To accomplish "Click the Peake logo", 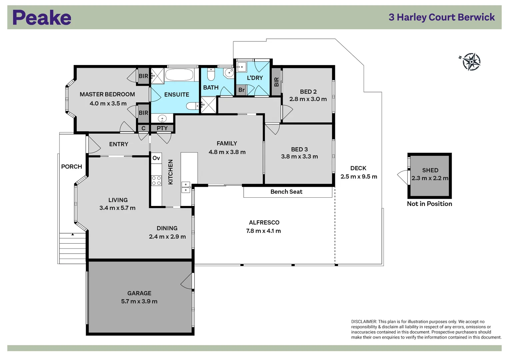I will coord(42,18).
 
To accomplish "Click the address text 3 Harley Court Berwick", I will coord(441,17).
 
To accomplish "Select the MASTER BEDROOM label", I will coord(107,94).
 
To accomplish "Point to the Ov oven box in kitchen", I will coord(156,158).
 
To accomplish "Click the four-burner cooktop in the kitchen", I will coord(156,181).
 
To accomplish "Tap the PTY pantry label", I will coord(162,128).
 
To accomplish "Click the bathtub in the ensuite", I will coord(179,75).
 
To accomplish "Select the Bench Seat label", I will coord(286,192).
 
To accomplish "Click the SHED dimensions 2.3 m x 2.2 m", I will coord(430,178).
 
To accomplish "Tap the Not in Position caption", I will coord(429,204).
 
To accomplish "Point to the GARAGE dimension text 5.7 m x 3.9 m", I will coord(139,301).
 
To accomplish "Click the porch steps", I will coord(72,248).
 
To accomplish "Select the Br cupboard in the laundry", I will coord(241,90).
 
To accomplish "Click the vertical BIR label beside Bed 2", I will coord(276,82).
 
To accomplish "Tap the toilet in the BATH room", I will coord(211,75).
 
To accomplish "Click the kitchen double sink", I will coord(185,187).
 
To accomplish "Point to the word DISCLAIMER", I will coord(364,322).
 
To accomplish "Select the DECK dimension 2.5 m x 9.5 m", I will coord(359,177).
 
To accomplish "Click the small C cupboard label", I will coord(143,128).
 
